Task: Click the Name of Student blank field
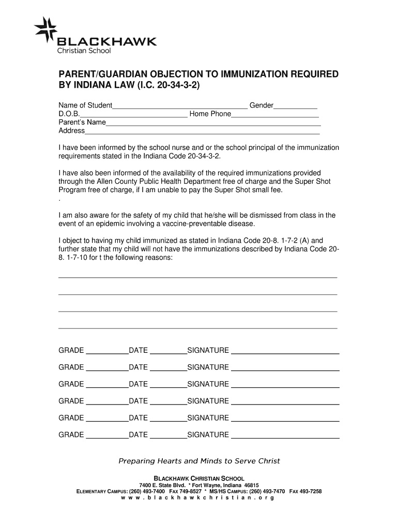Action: click(x=180, y=106)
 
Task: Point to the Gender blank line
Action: click(x=295, y=106)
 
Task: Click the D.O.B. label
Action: click(x=69, y=114)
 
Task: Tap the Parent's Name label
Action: click(x=82, y=122)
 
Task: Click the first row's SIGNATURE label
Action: click(x=208, y=351)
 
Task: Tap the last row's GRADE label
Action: click(x=71, y=435)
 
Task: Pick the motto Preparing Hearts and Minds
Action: click(x=199, y=461)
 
